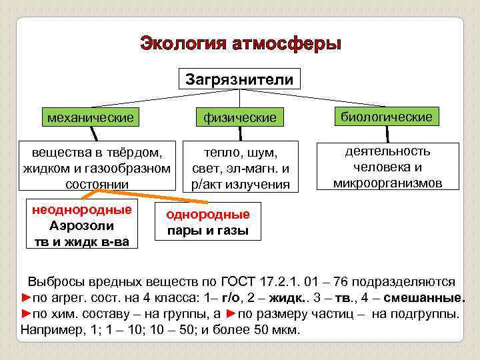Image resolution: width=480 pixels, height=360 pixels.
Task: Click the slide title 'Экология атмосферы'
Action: (240, 44)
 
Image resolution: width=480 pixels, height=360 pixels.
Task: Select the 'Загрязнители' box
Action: (239, 80)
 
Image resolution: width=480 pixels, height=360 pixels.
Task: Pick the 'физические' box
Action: (241, 118)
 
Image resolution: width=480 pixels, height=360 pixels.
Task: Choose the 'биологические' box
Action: (387, 117)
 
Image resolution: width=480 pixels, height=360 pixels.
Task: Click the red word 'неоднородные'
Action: (82, 210)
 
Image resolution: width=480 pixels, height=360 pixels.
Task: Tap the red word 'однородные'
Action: (208, 215)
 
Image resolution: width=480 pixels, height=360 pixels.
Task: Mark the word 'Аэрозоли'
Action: (82, 225)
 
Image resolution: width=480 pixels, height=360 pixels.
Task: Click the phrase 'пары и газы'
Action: (208, 231)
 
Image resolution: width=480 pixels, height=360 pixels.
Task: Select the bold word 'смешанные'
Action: (425, 297)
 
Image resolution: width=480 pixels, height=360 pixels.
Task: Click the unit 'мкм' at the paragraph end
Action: (287, 329)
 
